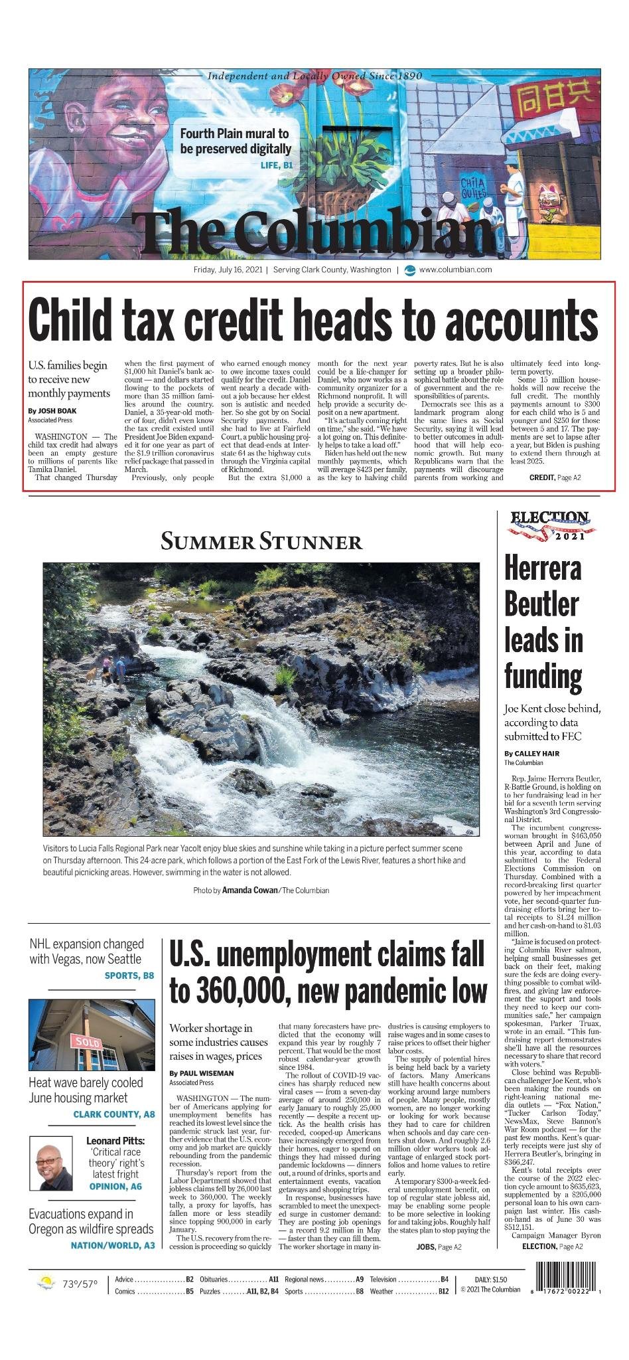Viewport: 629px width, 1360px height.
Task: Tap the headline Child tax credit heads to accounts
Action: tap(313, 319)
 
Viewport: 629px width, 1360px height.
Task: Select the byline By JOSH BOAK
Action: tap(48, 411)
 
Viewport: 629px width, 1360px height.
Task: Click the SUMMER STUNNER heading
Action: tap(261, 542)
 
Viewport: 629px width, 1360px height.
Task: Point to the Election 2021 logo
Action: tap(549, 525)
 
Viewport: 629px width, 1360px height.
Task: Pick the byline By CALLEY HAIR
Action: tap(531, 753)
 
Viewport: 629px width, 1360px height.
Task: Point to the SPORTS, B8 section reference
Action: tap(129, 976)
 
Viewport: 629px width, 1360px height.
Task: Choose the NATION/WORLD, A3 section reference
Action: tap(113, 1245)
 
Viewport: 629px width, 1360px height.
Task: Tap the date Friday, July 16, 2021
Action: tap(228, 270)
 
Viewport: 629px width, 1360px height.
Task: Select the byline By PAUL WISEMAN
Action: tap(202, 1073)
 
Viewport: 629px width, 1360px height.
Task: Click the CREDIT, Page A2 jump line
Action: tap(555, 477)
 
